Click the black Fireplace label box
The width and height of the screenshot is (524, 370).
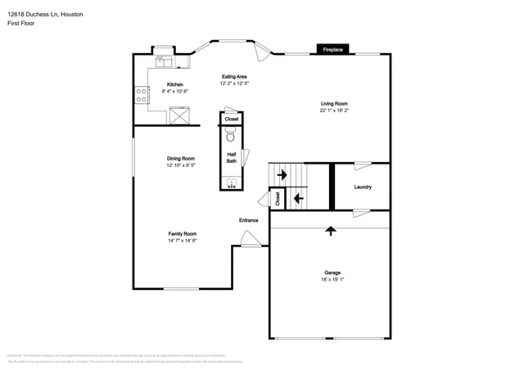pyautogui.click(x=332, y=49)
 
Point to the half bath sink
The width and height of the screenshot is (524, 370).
pyautogui.click(x=232, y=183)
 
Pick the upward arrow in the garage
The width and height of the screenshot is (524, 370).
pyautogui.click(x=331, y=232)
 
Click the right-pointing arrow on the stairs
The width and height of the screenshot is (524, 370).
pyautogui.click(x=282, y=174)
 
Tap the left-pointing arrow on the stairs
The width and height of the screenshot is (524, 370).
pyautogui.click(x=298, y=197)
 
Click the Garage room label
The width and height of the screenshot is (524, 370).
pyautogui.click(x=332, y=273)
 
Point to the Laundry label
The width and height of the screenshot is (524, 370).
pyautogui.click(x=363, y=187)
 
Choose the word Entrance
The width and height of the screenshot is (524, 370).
pyautogui.click(x=248, y=220)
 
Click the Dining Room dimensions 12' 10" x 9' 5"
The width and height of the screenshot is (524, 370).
pyautogui.click(x=181, y=165)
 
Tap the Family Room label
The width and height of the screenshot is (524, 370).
pyautogui.click(x=183, y=234)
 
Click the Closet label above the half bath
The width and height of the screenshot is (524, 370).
pyautogui.click(x=232, y=120)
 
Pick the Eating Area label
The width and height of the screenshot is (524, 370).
pyautogui.click(x=234, y=77)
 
